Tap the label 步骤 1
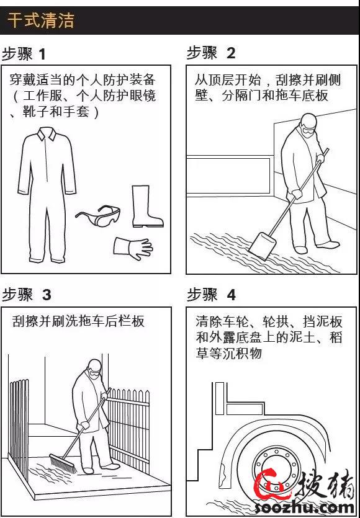coord(25,53)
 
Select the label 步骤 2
coord(211,53)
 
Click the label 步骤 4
coord(211,294)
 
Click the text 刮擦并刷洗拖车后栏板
coord(78,321)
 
